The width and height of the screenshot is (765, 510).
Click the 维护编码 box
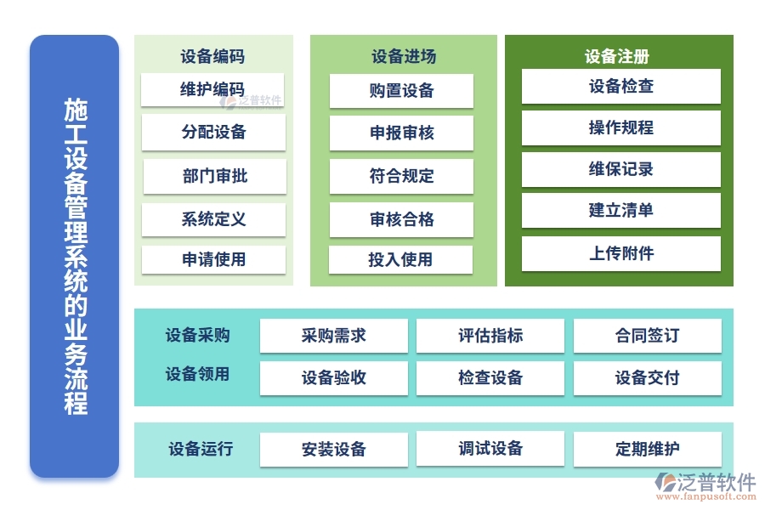(x=213, y=90)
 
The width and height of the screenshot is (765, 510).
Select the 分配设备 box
(x=213, y=133)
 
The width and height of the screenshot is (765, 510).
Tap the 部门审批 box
(x=214, y=176)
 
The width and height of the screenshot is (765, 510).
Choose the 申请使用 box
(x=213, y=260)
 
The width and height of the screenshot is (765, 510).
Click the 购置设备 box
(x=401, y=91)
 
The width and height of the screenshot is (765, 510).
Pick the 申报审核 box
(x=401, y=133)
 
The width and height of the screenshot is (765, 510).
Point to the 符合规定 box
(x=401, y=177)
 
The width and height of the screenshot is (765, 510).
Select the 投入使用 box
(x=400, y=260)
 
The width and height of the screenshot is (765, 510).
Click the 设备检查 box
(x=620, y=87)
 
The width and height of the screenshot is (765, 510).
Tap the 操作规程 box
(x=620, y=128)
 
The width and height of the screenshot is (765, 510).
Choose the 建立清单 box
(x=620, y=211)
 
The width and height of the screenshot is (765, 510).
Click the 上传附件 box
(x=620, y=253)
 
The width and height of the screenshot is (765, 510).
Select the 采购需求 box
(x=333, y=336)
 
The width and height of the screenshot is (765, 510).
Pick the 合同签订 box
(x=647, y=336)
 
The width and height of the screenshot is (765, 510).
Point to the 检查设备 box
(x=490, y=378)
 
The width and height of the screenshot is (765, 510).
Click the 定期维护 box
(x=647, y=449)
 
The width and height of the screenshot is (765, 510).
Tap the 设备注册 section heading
(x=617, y=57)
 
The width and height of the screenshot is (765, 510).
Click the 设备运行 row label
(x=200, y=449)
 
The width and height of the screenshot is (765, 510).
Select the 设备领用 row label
(x=197, y=374)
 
